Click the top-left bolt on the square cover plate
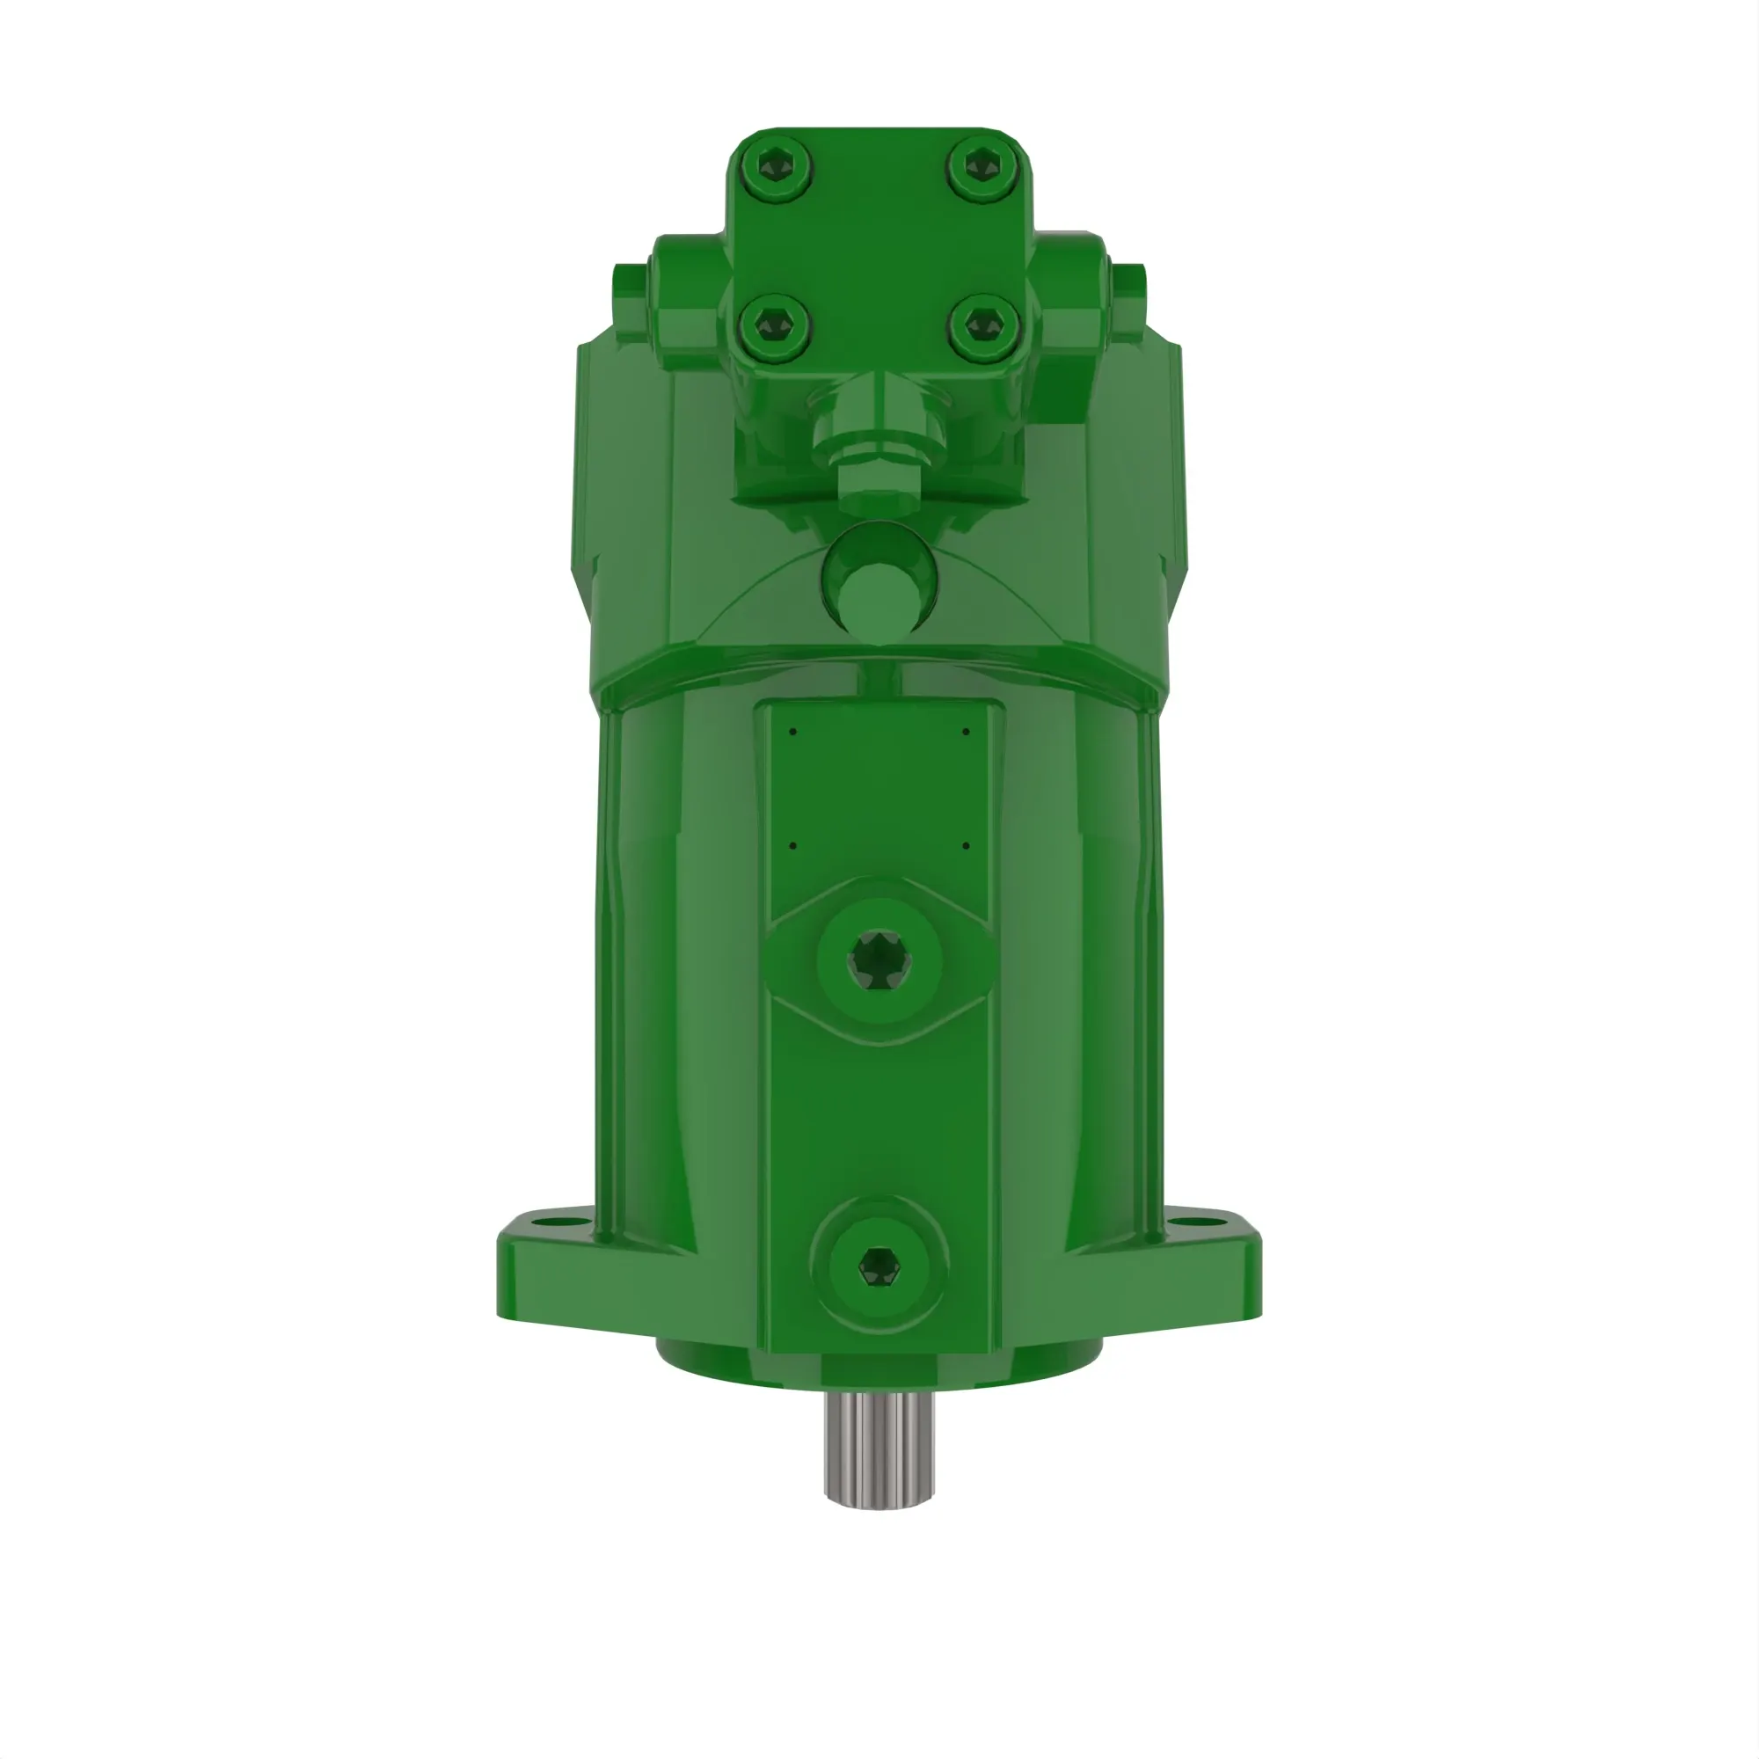(x=776, y=166)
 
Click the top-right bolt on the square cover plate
(x=982, y=166)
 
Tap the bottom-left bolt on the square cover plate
(x=776, y=325)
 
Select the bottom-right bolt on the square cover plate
(x=982, y=325)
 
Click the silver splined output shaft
(x=879, y=1453)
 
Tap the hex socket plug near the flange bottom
(x=879, y=1266)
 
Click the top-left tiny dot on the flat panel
(x=793, y=731)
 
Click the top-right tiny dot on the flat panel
(x=966, y=731)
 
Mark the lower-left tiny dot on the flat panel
(x=793, y=846)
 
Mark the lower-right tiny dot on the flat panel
(x=966, y=846)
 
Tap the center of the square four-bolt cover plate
(x=879, y=246)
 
